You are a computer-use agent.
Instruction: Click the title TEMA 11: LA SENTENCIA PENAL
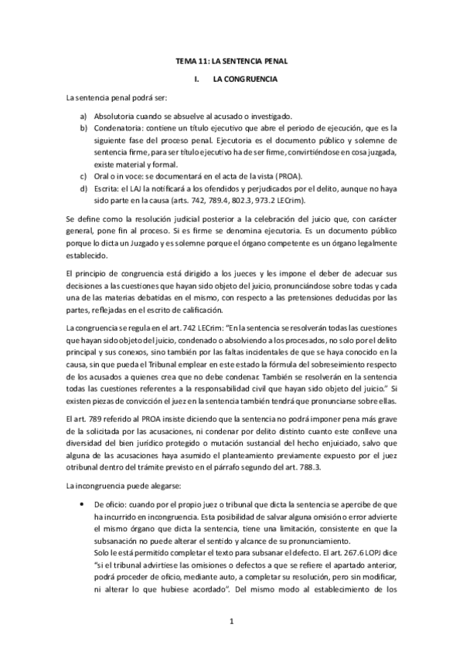(x=231, y=60)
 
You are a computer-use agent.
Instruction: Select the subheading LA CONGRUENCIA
(x=245, y=79)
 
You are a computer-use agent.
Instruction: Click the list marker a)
(x=82, y=115)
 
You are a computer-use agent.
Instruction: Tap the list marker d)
(x=82, y=189)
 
